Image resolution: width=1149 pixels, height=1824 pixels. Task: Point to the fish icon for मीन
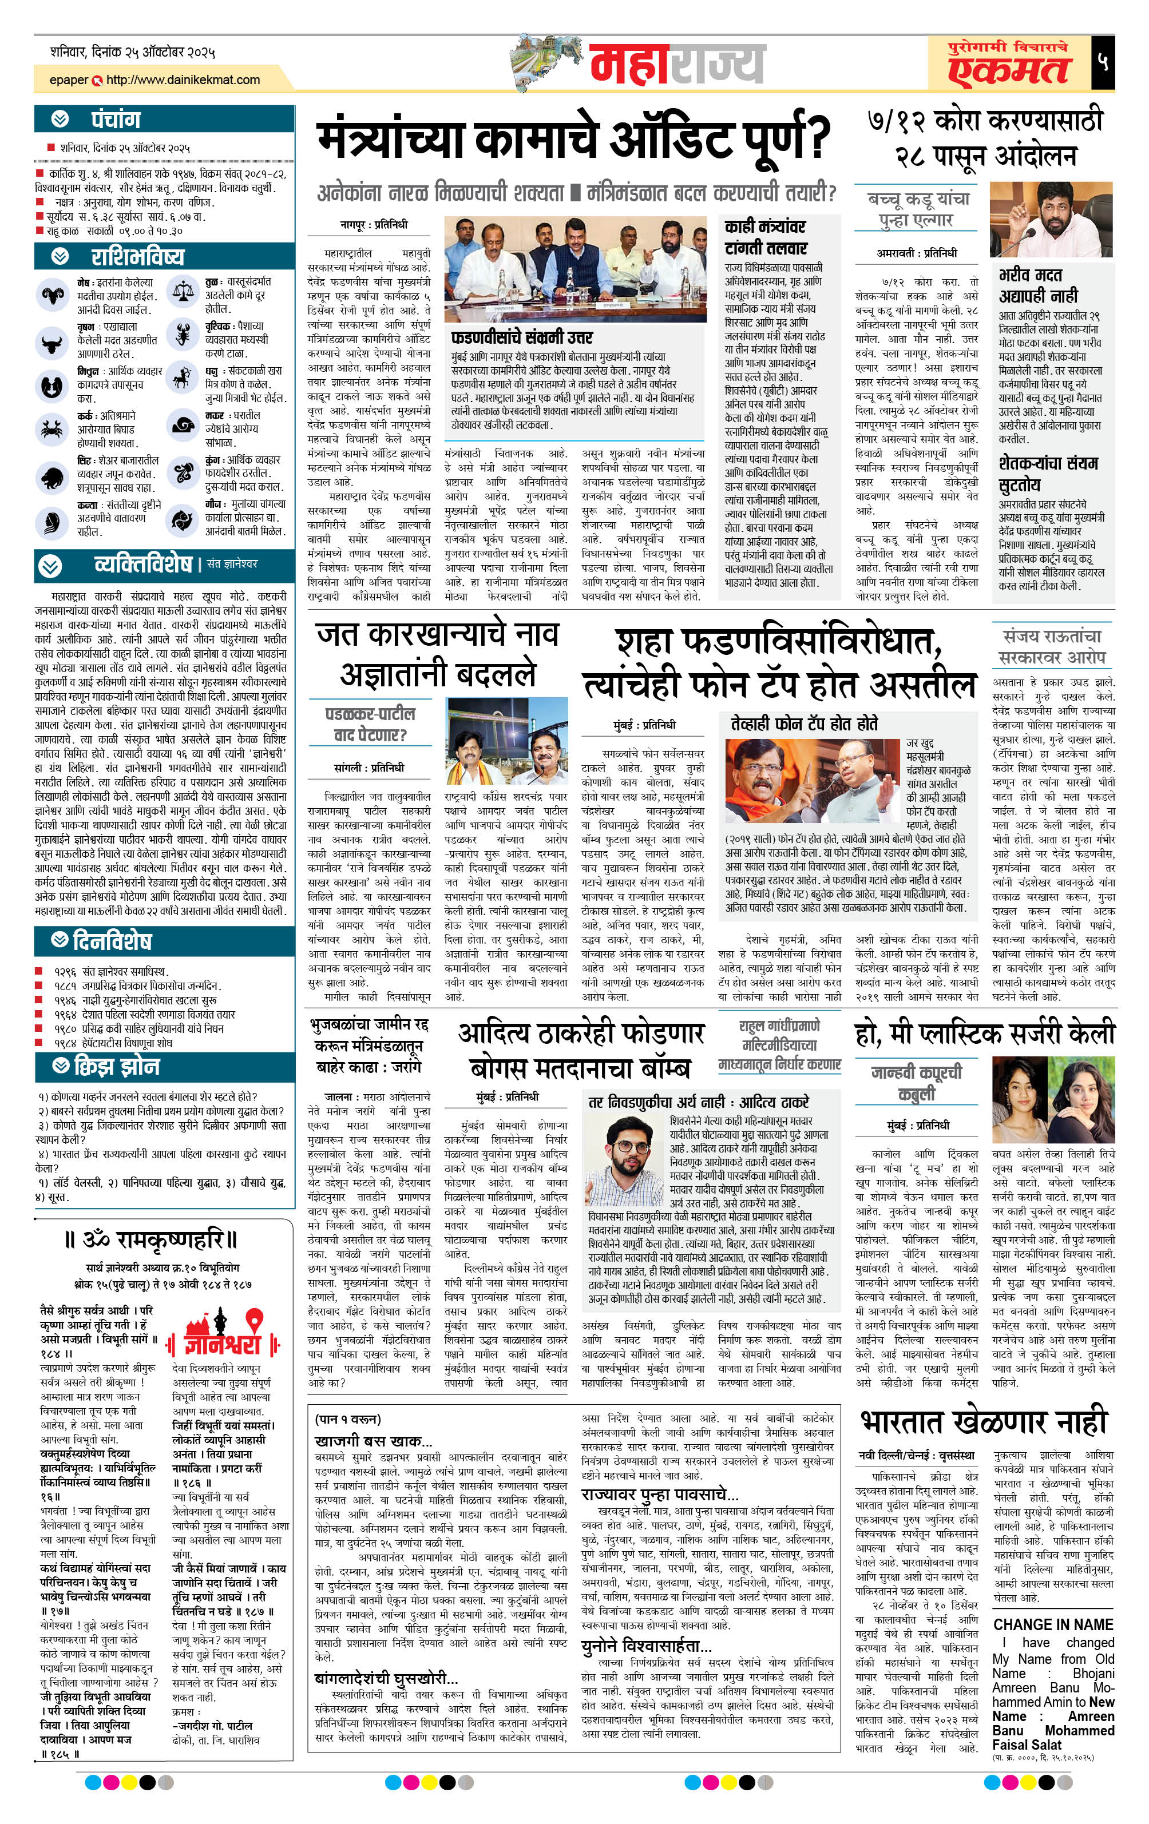coord(183,519)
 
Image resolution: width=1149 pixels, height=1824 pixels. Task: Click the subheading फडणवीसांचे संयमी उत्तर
coord(521,336)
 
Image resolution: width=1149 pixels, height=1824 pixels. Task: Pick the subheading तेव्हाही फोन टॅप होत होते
coord(804,724)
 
